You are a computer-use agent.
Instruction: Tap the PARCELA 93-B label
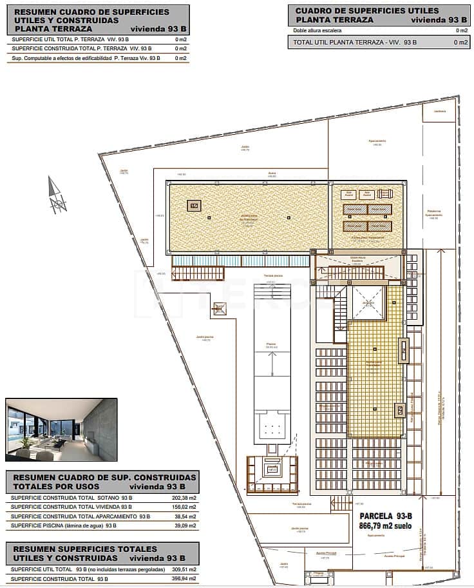pos(385,515)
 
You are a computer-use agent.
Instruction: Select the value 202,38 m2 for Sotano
pos(184,498)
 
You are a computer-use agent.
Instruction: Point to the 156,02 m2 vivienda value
pos(184,507)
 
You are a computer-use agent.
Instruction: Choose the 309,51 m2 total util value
pos(184,569)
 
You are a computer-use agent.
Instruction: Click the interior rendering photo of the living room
pos(61,429)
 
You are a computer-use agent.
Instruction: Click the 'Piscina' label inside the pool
pos(271,344)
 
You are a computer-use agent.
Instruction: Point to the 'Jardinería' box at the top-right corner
pos(440,112)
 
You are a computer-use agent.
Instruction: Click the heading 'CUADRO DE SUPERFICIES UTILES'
pos(366,11)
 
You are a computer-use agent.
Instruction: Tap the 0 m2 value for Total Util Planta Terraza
pos(460,43)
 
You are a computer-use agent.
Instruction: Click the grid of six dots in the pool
pos(271,427)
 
